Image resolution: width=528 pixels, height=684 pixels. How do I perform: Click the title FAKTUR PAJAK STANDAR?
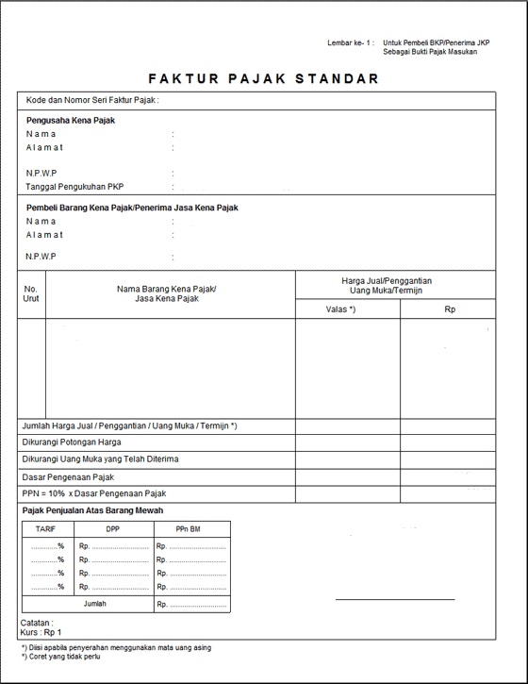(x=263, y=78)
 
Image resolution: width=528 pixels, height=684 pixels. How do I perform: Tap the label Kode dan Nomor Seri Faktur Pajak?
(x=91, y=100)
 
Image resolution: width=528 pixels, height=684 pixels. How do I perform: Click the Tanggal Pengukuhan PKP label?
(x=74, y=186)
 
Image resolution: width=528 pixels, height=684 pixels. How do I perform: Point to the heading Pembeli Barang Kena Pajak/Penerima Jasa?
(x=131, y=208)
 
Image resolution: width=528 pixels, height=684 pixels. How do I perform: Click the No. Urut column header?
(x=31, y=292)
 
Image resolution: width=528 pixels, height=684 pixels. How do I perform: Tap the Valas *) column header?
(x=340, y=309)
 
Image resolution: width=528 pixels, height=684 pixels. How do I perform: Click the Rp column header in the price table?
(x=450, y=309)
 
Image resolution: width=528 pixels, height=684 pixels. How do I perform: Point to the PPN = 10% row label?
(x=94, y=493)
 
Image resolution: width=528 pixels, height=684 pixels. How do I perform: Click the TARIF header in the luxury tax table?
(x=45, y=529)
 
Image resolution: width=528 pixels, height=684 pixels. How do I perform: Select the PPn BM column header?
(x=189, y=529)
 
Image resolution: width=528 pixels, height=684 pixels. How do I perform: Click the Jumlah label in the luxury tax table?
(x=94, y=603)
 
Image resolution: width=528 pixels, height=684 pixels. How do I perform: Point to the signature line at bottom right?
(x=394, y=599)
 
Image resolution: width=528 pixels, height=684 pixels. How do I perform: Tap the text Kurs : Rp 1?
(x=41, y=632)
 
